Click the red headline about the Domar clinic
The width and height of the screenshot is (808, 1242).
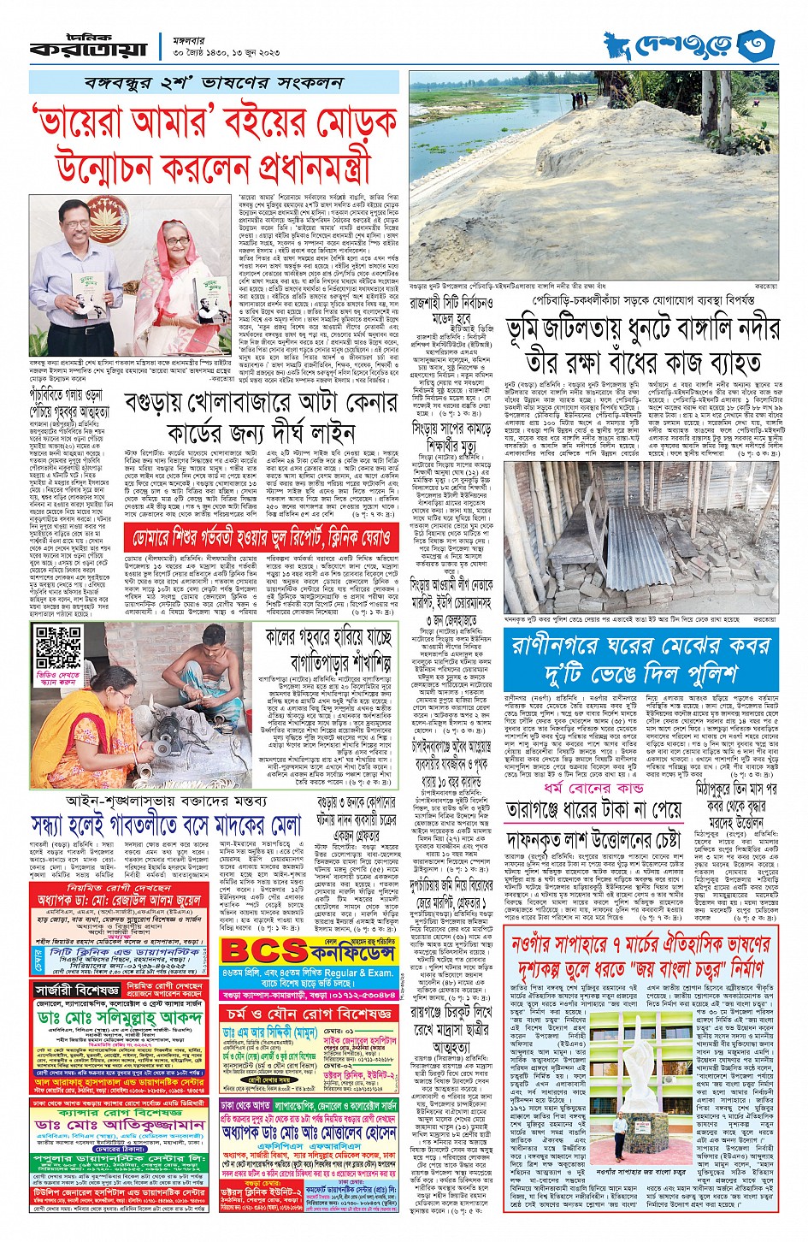coord(260,537)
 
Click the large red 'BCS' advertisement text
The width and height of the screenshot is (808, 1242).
coord(263,951)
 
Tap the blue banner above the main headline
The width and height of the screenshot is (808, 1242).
coord(214,83)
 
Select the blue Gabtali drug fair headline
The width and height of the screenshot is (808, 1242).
coord(166,825)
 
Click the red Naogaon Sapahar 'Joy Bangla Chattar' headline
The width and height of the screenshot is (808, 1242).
coord(641,958)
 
